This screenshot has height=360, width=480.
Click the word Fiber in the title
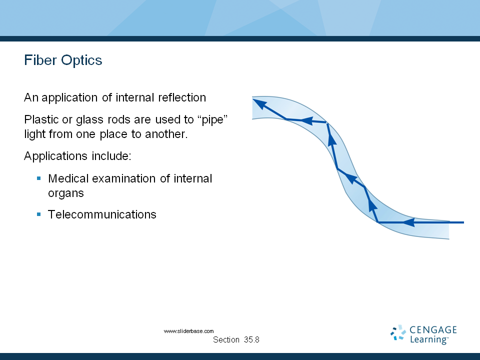tap(40, 60)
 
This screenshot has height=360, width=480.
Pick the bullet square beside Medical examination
tap(39, 178)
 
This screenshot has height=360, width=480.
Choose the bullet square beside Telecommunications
tap(39, 214)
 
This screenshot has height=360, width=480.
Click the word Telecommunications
tap(102, 214)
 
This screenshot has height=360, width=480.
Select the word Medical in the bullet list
tap(68, 178)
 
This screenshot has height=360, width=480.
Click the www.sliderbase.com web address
tap(188, 331)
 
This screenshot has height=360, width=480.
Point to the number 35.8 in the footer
tap(251, 339)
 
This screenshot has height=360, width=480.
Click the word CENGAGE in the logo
tap(433, 329)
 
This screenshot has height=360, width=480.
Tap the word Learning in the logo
tap(429, 339)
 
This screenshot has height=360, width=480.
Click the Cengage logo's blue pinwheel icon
tap(398, 333)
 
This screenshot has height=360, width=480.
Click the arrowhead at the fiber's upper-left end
tap(260, 104)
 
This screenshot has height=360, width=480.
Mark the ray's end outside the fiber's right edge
tap(464, 222)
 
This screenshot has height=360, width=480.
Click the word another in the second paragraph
tap(166, 134)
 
